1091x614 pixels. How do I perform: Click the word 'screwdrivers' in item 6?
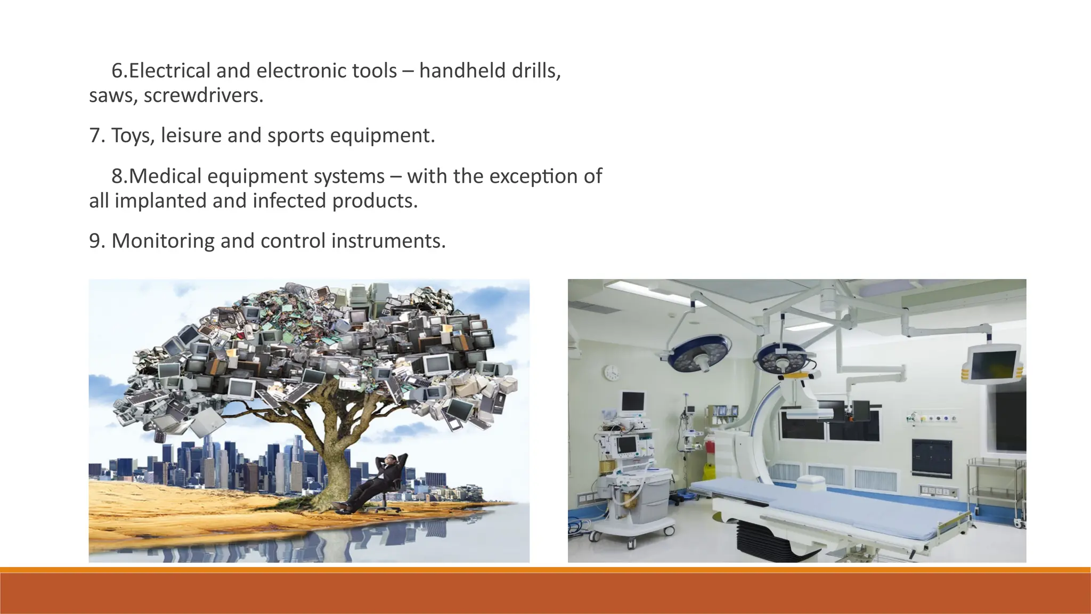tap(203, 96)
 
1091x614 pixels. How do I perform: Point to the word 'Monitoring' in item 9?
tap(162, 241)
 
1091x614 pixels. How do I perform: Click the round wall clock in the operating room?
tap(612, 372)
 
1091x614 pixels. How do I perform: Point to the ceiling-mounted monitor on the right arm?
tap(992, 363)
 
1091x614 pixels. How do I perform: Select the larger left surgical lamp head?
tap(699, 353)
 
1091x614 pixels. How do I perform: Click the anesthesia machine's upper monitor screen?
tap(633, 401)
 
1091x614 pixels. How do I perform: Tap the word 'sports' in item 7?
tap(296, 136)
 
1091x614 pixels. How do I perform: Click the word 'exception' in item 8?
tap(533, 176)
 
